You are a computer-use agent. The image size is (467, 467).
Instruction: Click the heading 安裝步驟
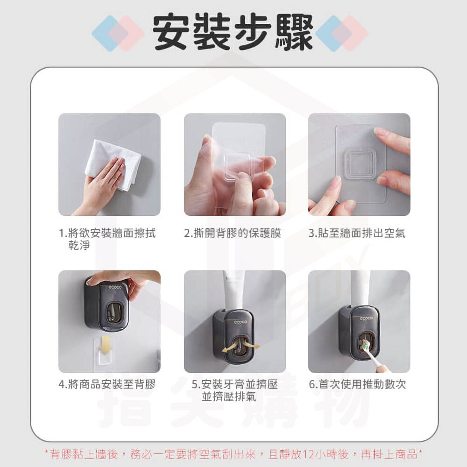(x=233, y=33)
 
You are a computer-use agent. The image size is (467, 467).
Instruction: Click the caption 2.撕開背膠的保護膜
(x=233, y=233)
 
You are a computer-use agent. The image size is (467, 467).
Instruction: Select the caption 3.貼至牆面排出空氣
(x=357, y=233)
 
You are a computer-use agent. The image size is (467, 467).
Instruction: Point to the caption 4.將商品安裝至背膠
(x=107, y=384)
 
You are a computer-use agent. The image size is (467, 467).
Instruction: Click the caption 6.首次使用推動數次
(x=357, y=384)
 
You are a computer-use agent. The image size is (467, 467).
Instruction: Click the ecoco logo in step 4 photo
(x=115, y=287)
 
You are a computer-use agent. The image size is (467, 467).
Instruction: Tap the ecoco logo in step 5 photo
(x=241, y=322)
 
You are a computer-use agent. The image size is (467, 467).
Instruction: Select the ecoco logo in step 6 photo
(x=366, y=318)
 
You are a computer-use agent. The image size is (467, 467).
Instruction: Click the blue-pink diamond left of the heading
(x=118, y=33)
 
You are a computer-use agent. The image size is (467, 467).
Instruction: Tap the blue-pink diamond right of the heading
(x=342, y=33)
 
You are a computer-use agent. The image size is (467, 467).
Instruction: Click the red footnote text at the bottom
(x=233, y=454)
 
